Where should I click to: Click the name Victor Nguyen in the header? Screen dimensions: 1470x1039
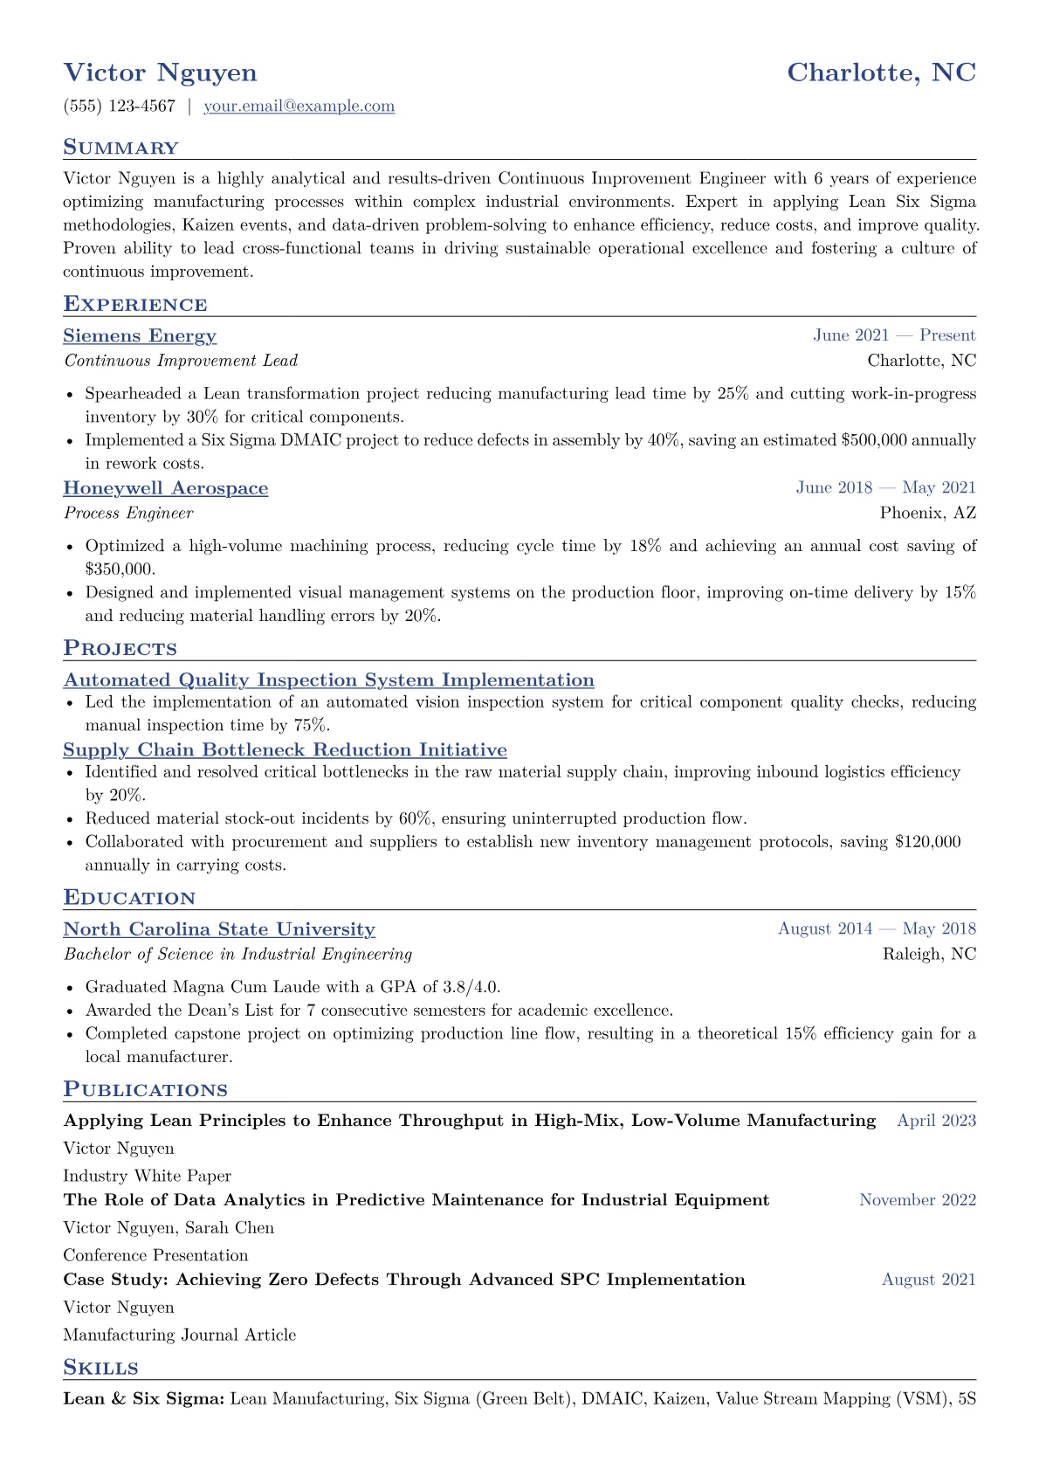160,72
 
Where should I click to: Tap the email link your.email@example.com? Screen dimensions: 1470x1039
299,107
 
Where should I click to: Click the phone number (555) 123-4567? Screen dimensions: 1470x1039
119,107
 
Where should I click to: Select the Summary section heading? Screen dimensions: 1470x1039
120,148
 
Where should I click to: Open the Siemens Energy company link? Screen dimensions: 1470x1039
140,336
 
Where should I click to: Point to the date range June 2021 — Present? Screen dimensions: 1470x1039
894,335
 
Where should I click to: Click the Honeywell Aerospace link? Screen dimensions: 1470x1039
165,488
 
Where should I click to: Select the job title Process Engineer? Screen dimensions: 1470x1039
128,513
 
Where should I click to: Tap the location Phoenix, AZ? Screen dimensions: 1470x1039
927,513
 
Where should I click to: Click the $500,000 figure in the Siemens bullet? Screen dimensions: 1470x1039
873,440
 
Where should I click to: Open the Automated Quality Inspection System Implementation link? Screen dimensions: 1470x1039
328,680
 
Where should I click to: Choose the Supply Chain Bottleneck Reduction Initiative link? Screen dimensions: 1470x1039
285,750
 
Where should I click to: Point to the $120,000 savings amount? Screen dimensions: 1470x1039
927,842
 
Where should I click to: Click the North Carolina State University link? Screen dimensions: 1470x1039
219,929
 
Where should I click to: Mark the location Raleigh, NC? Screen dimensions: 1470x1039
929,954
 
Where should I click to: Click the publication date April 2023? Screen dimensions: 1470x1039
936,1121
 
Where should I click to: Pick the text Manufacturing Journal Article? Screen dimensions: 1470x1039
179,1335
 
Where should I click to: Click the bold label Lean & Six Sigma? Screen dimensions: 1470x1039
144,1399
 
